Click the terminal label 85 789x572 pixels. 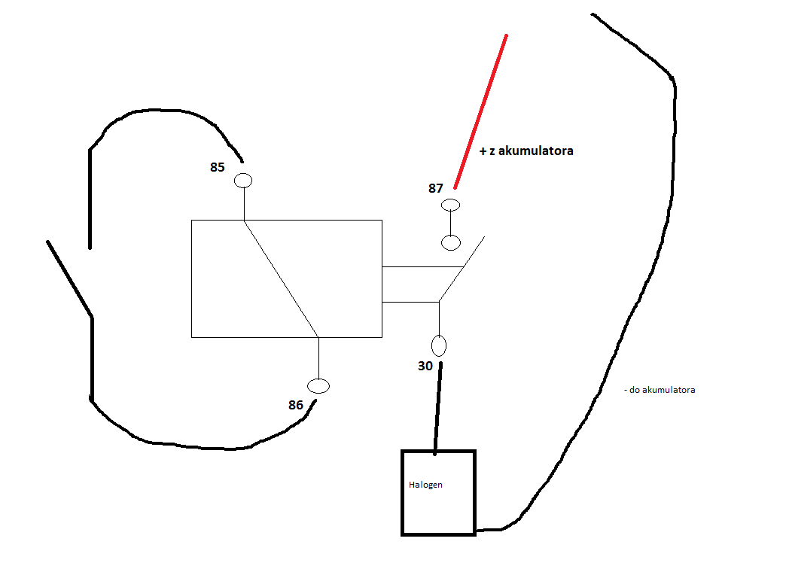click(x=218, y=167)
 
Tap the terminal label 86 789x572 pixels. click(x=296, y=405)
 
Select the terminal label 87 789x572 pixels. click(x=436, y=188)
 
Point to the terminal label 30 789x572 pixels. click(x=425, y=366)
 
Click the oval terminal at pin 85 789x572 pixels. click(x=243, y=180)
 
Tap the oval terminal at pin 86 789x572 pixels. click(x=318, y=386)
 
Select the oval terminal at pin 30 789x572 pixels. click(x=439, y=345)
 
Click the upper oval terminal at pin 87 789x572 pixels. click(x=450, y=205)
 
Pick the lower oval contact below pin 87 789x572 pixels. click(x=451, y=242)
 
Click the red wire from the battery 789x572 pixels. click(x=480, y=111)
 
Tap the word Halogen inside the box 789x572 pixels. click(x=425, y=485)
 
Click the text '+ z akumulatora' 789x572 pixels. click(x=526, y=151)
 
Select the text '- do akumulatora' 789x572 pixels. click(x=660, y=390)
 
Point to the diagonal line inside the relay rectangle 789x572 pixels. click(x=282, y=278)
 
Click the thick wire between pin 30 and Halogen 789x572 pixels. click(x=437, y=408)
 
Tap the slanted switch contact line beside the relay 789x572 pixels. click(x=462, y=269)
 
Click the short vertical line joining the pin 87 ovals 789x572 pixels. click(x=451, y=223)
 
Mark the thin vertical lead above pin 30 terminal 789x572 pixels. click(x=439, y=318)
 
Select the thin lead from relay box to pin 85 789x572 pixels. click(x=244, y=204)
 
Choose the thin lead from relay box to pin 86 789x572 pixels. click(x=318, y=358)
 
